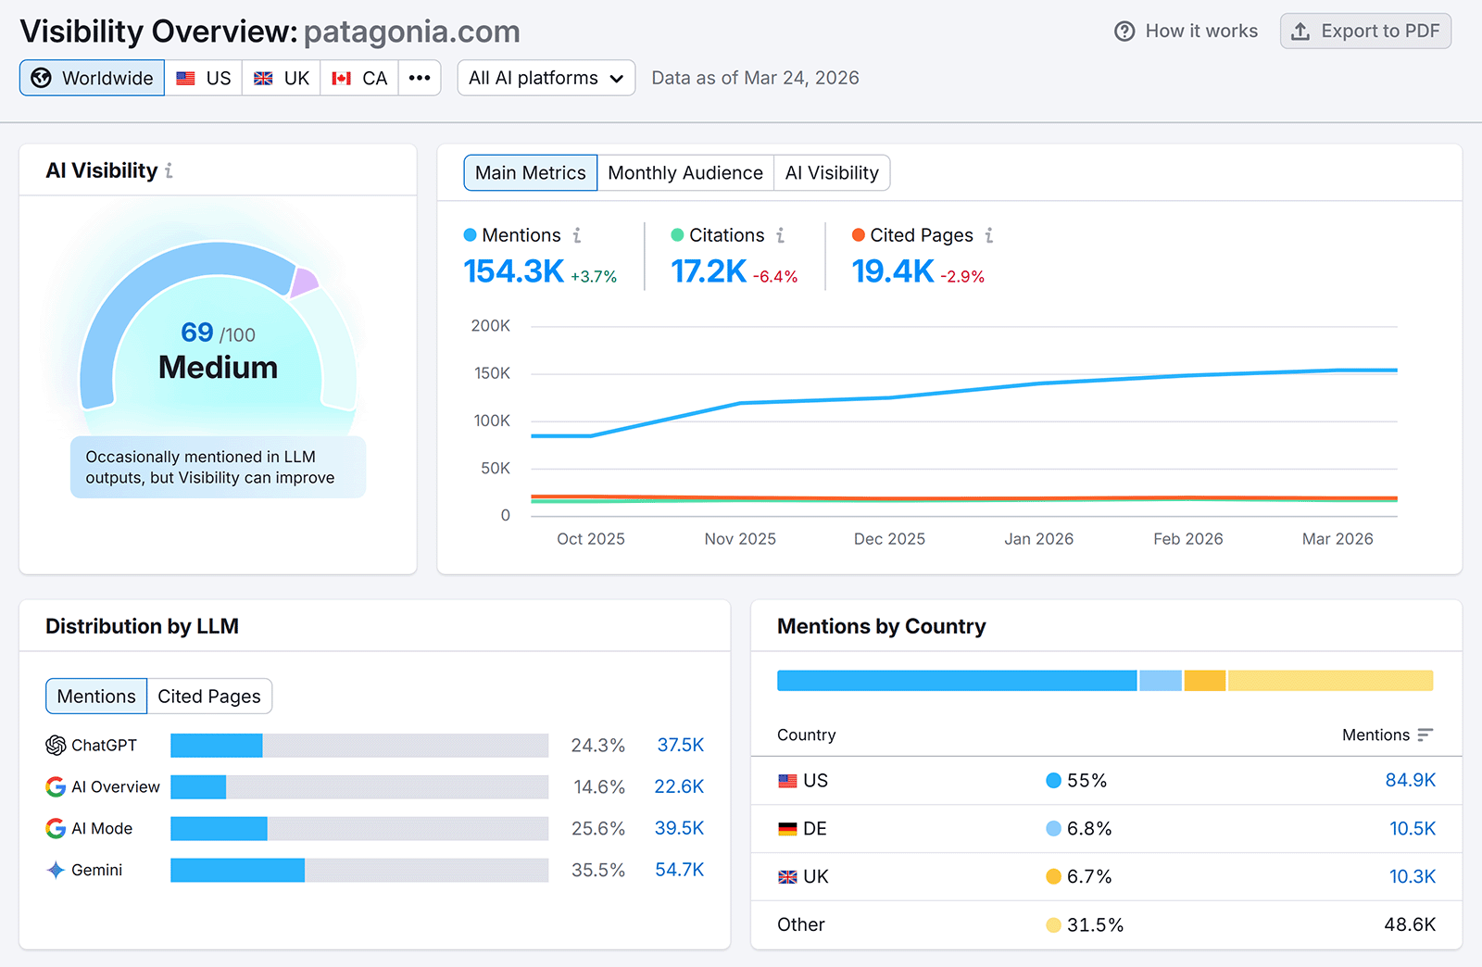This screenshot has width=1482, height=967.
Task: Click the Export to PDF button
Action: pyautogui.click(x=1365, y=31)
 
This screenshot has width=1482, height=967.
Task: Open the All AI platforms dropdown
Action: pyautogui.click(x=546, y=79)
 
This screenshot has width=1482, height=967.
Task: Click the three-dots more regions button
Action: pyautogui.click(x=420, y=79)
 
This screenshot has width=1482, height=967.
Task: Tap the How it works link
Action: pyautogui.click(x=1187, y=31)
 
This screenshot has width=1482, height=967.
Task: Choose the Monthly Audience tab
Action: pyautogui.click(x=684, y=173)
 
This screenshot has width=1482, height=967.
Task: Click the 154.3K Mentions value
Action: pyautogui.click(x=513, y=271)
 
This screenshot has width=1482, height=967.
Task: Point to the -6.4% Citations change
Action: pyautogui.click(x=775, y=277)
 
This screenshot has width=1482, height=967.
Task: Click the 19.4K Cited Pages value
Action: pyautogui.click(x=892, y=271)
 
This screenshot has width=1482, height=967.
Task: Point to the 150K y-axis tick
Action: pyautogui.click(x=492, y=373)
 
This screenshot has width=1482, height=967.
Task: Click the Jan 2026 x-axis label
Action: pyautogui.click(x=1038, y=539)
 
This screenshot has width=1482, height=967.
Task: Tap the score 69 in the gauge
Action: pyautogui.click(x=197, y=332)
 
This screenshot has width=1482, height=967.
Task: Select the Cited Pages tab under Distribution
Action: pyautogui.click(x=209, y=697)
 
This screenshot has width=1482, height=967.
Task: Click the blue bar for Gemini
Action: pyautogui.click(x=237, y=871)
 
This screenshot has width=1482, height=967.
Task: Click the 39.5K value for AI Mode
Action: pyautogui.click(x=679, y=829)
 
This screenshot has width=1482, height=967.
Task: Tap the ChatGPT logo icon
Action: pyautogui.click(x=56, y=746)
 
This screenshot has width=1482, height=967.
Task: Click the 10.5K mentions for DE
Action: pyautogui.click(x=1412, y=829)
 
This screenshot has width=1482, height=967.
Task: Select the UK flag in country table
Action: pyautogui.click(x=787, y=877)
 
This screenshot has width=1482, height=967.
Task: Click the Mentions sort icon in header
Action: pyautogui.click(x=1425, y=735)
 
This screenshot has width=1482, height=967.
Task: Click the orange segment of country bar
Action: pyautogui.click(x=1205, y=681)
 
